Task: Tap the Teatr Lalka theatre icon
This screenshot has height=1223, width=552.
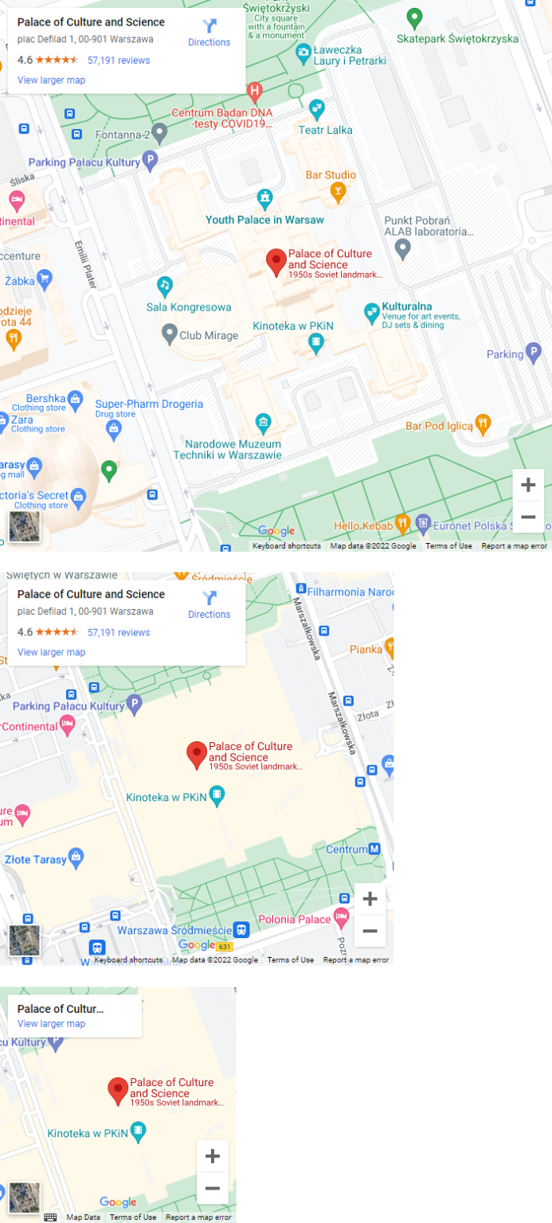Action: pyautogui.click(x=317, y=107)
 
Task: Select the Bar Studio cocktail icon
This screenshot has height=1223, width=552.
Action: pyautogui.click(x=339, y=191)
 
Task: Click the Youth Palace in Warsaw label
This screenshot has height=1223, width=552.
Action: pyautogui.click(x=264, y=220)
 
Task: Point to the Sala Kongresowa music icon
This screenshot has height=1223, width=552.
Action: pyautogui.click(x=165, y=284)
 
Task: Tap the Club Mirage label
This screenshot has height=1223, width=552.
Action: pyautogui.click(x=209, y=335)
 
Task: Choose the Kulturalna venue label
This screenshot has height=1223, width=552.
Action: pyautogui.click(x=407, y=307)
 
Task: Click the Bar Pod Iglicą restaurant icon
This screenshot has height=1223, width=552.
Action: pyautogui.click(x=482, y=422)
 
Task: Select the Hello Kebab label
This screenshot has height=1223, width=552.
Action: pyautogui.click(x=363, y=526)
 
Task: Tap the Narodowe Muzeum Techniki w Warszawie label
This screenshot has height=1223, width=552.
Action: pyautogui.click(x=233, y=450)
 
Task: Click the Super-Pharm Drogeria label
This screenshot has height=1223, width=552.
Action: pyautogui.click(x=149, y=404)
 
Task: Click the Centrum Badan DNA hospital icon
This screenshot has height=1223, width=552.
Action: pyautogui.click(x=255, y=92)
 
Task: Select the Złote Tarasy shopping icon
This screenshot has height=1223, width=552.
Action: pyautogui.click(x=76, y=857)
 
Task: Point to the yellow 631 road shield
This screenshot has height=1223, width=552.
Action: pyautogui.click(x=224, y=947)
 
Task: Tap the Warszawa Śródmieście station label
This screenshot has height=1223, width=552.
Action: pyautogui.click(x=174, y=930)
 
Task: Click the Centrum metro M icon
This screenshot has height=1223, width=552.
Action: pyautogui.click(x=374, y=850)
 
